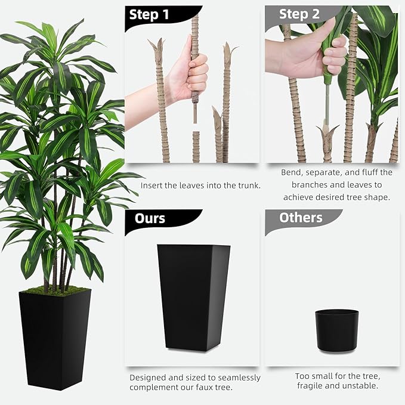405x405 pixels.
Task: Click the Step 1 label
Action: coord(153,15)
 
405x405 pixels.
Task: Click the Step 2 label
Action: coord(299,14)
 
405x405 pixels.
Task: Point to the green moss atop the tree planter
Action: coord(54,291)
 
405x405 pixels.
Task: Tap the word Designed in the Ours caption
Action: coord(149,378)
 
